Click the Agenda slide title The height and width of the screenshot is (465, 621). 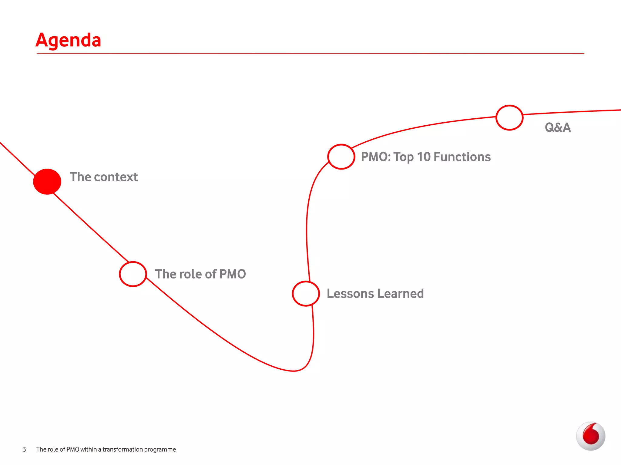[68, 40]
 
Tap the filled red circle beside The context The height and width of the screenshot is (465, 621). [47, 181]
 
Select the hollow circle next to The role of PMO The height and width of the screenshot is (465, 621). [133, 274]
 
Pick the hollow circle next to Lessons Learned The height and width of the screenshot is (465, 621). [306, 294]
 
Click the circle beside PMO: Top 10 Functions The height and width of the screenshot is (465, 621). [341, 157]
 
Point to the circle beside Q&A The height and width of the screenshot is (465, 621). [509, 118]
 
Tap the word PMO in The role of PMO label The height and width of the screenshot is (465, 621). [233, 274]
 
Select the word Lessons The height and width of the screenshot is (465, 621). [350, 294]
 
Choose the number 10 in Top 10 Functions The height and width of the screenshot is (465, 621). [424, 157]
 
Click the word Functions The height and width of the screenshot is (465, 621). [462, 157]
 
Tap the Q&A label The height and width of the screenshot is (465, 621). [558, 127]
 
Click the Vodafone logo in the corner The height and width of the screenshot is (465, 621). [590, 436]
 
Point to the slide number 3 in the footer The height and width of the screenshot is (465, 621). [24, 450]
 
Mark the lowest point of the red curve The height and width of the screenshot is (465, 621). [294, 371]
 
